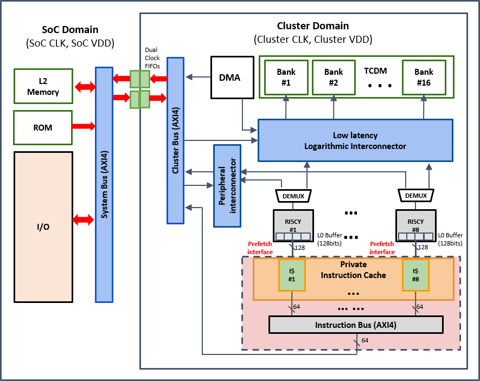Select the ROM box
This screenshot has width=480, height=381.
click(43, 127)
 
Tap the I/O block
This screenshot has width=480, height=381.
click(43, 226)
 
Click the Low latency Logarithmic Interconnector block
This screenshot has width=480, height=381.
click(355, 140)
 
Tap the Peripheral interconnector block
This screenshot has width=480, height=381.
click(227, 185)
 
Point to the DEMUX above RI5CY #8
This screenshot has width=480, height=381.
click(416, 195)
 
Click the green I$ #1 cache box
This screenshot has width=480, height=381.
click(291, 274)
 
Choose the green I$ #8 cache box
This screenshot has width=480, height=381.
click(415, 274)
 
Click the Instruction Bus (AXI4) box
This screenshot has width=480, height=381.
click(356, 325)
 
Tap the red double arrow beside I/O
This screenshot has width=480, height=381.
click(83, 219)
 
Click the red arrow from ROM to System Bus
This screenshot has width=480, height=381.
click(81, 126)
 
